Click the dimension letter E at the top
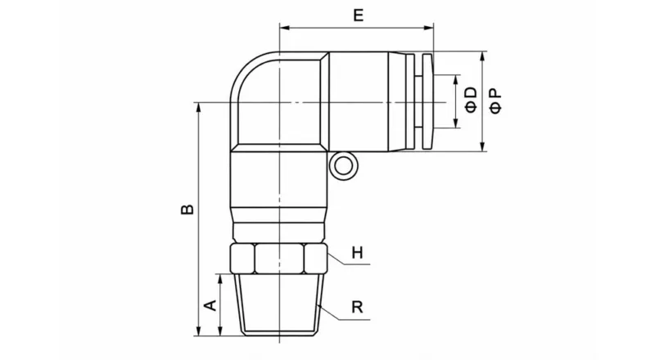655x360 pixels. click(356, 15)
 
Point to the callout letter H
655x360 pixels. click(357, 253)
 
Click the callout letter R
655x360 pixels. click(357, 308)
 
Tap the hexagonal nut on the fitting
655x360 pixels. click(280, 260)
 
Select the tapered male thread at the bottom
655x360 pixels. click(280, 304)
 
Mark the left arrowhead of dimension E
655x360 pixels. click(284, 29)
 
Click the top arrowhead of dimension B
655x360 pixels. click(198, 107)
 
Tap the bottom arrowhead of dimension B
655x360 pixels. click(198, 331)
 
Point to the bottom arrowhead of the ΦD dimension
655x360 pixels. click(456, 124)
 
